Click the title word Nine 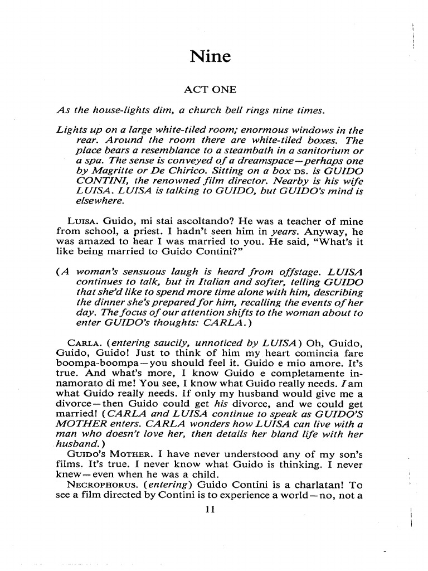210,56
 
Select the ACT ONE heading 210,89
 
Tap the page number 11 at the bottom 210,509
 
